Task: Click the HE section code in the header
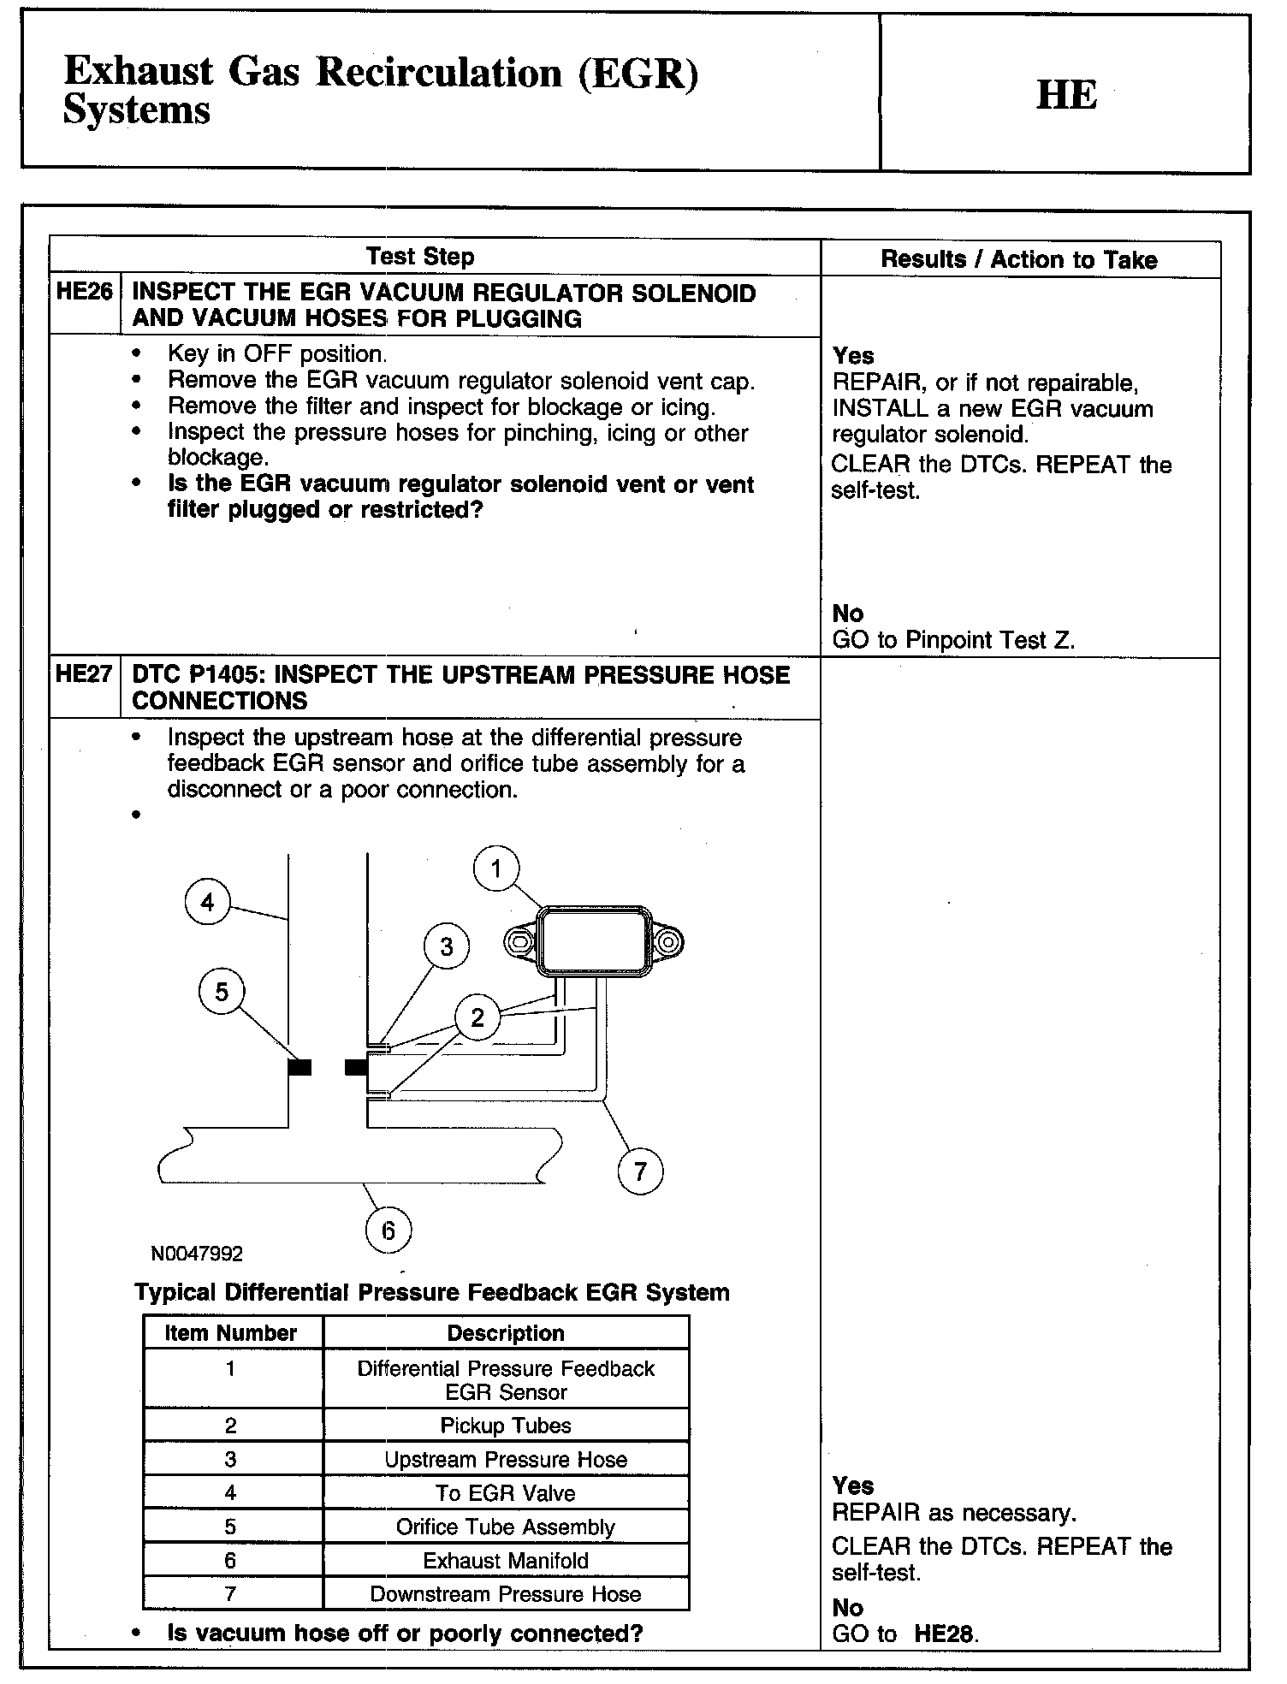(x=1066, y=94)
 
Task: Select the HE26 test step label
(x=84, y=292)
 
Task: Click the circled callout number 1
(x=496, y=869)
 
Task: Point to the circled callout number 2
(x=477, y=1017)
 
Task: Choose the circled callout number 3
(x=447, y=946)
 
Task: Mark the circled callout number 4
(x=208, y=902)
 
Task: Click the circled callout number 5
(x=222, y=992)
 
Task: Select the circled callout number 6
(x=388, y=1230)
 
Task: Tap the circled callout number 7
(x=640, y=1171)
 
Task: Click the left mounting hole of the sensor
(x=519, y=943)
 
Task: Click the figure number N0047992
(x=197, y=1254)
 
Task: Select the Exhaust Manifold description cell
(x=506, y=1561)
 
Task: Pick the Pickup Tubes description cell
(x=506, y=1426)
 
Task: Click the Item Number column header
(x=230, y=1333)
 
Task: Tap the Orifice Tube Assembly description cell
(x=506, y=1527)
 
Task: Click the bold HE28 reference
(x=945, y=1634)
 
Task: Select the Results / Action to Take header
(x=1019, y=260)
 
